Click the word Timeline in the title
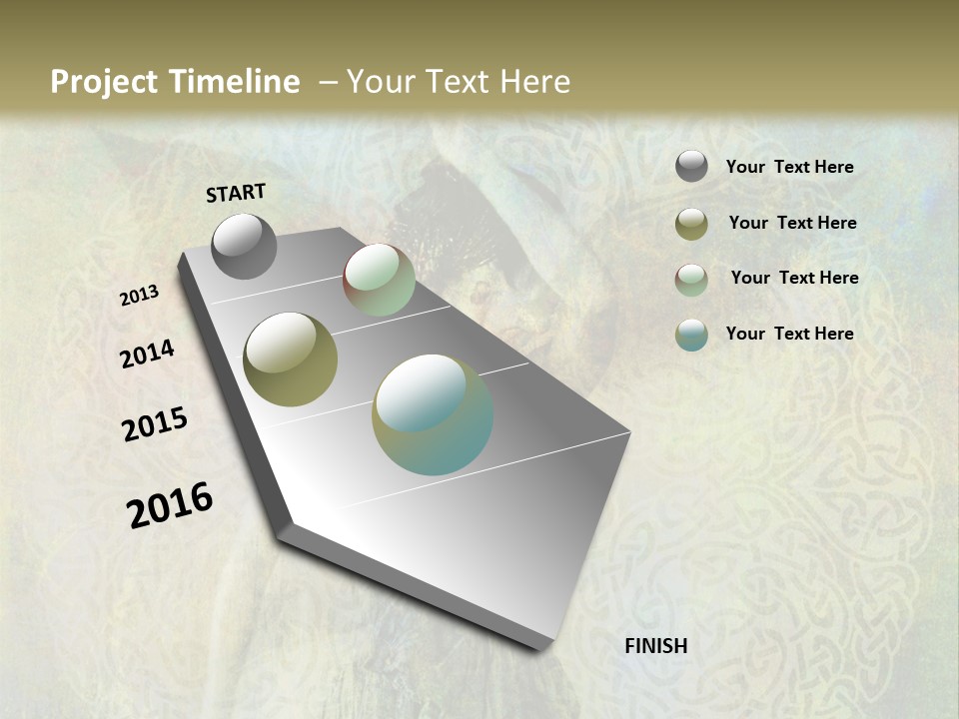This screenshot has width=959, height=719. click(x=235, y=82)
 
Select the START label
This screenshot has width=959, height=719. click(x=236, y=193)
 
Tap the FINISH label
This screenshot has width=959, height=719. click(x=656, y=646)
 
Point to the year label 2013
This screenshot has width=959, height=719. click(x=140, y=296)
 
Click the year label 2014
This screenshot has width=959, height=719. click(x=148, y=354)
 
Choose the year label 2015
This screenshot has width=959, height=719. click(x=155, y=424)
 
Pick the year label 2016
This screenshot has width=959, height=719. click(x=170, y=504)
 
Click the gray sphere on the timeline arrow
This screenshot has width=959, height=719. click(x=244, y=246)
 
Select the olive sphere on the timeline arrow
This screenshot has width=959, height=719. click(x=290, y=359)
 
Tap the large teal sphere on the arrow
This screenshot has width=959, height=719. click(x=433, y=414)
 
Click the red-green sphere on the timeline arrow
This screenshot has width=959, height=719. click(x=379, y=280)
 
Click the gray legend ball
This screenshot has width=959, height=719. click(x=691, y=167)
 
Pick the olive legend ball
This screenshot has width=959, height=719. click(x=691, y=224)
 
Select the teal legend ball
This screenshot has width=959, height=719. click(x=691, y=335)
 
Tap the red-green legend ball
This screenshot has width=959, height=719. click(x=691, y=280)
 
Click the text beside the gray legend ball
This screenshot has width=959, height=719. click(x=789, y=167)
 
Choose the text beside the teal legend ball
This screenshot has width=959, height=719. click(x=789, y=334)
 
